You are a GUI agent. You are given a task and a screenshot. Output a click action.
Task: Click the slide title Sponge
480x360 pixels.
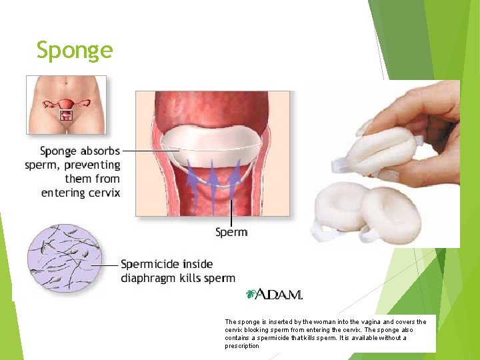tap(75, 50)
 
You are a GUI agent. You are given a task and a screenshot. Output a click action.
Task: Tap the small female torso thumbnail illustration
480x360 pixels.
tap(66, 105)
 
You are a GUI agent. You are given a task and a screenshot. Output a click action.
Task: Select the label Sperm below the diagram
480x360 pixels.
tap(231, 233)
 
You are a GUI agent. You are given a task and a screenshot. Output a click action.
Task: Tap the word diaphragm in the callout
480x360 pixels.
tap(149, 278)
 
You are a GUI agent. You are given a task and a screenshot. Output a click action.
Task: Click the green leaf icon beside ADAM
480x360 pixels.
tap(251, 294)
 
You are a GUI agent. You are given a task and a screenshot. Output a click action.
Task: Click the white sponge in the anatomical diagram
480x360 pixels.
tap(211, 145)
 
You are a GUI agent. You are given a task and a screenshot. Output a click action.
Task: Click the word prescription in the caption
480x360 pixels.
tap(242, 346)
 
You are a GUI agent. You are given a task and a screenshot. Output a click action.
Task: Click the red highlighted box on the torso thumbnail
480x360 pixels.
tap(66, 115)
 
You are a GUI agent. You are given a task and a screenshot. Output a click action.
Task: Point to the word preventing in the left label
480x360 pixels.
tap(92, 165)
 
